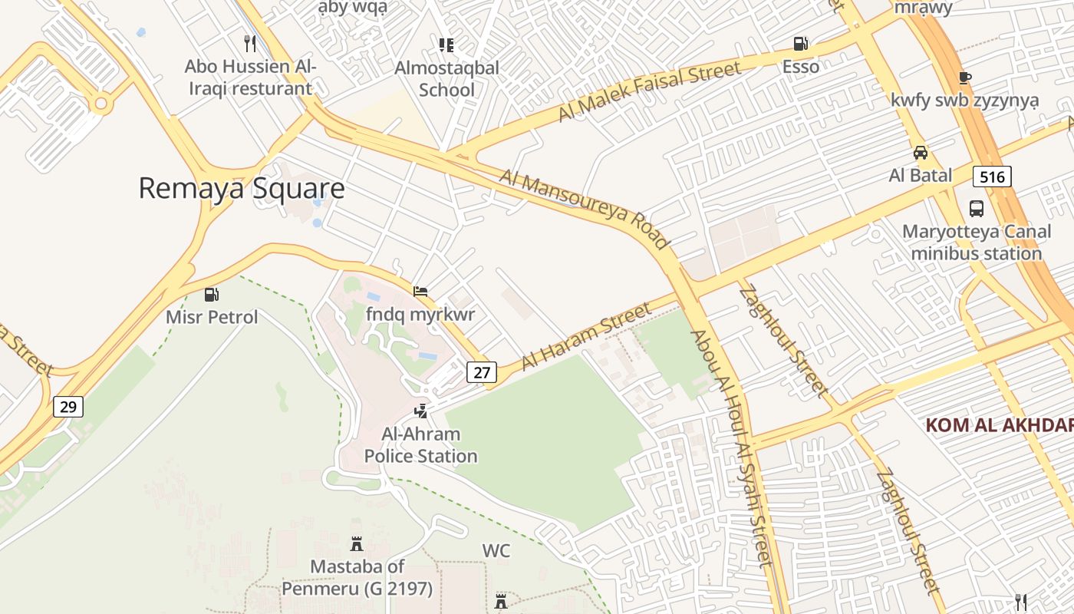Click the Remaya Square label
click(241, 188)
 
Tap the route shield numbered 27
click(482, 372)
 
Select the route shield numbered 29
click(68, 406)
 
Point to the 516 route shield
click(992, 177)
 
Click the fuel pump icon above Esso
click(800, 44)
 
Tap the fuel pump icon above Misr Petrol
click(211, 294)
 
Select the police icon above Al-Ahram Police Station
click(420, 411)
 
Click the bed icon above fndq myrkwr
click(420, 292)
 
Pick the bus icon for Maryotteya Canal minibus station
click(977, 208)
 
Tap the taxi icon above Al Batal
click(920, 152)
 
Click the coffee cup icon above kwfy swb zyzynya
click(964, 78)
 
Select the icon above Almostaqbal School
click(446, 45)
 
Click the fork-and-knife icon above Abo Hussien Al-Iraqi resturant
click(249, 43)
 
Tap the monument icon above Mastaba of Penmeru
click(357, 543)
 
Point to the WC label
click(496, 550)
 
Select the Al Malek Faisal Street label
click(650, 91)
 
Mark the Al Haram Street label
click(587, 335)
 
